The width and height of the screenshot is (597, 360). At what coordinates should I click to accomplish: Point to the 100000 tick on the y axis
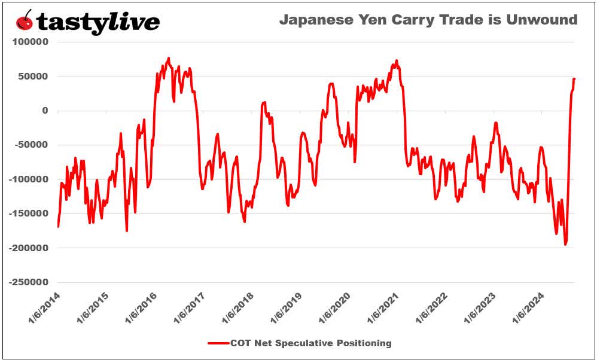pyautogui.click(x=30, y=42)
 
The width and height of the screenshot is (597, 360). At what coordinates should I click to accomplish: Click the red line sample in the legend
pyautogui.click(x=218, y=343)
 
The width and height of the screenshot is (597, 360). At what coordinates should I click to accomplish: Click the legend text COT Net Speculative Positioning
pyautogui.click(x=312, y=343)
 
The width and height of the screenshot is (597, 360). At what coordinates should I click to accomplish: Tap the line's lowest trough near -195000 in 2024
pyautogui.click(x=565, y=244)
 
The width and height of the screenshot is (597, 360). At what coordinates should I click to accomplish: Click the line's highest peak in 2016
pyautogui.click(x=169, y=58)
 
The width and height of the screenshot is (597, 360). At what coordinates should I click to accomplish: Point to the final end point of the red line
pyautogui.click(x=574, y=78)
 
